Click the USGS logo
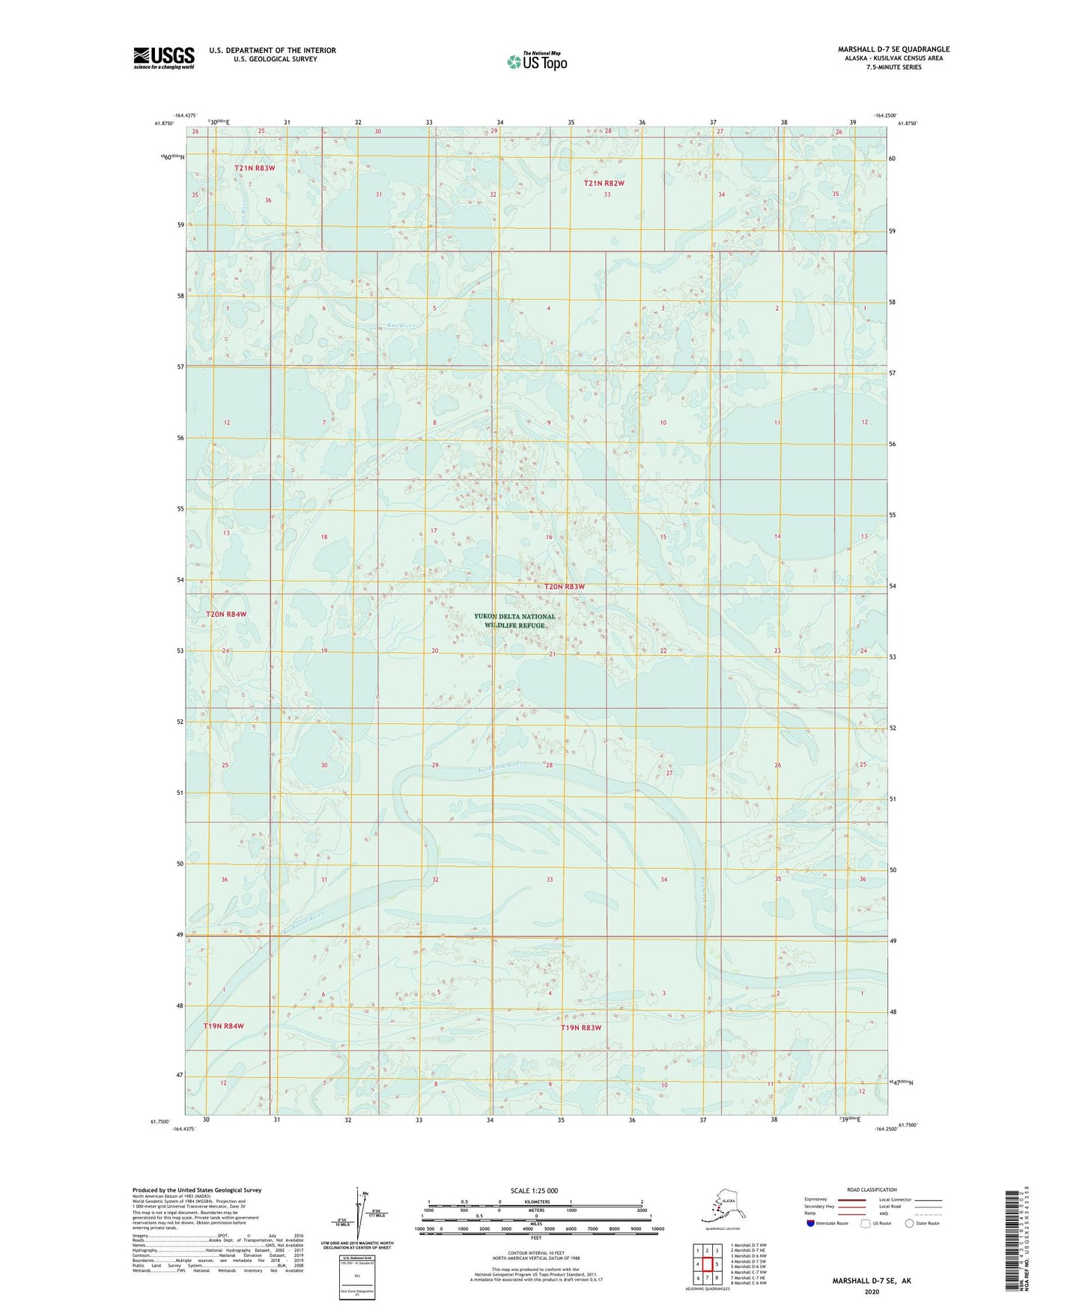(163, 58)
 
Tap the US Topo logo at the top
(537, 61)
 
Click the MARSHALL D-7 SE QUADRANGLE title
(893, 49)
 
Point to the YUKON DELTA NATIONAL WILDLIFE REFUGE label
(514, 621)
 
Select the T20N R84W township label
(226, 614)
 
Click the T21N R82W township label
(604, 183)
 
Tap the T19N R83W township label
(581, 1028)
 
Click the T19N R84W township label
(224, 1026)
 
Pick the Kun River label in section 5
(401, 326)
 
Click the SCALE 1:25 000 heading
(535, 1191)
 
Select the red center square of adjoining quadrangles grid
(707, 1264)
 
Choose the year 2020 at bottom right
(871, 1291)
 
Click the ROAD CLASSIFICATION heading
(872, 1189)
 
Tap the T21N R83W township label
(255, 168)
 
